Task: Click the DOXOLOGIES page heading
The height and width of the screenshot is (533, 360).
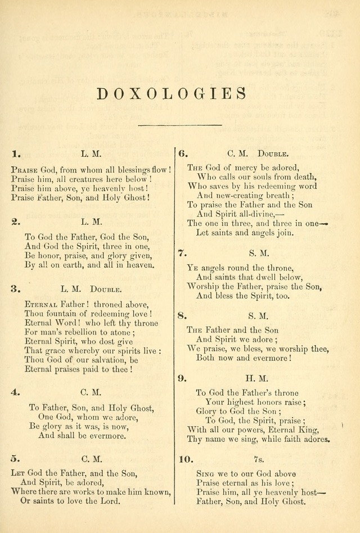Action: point(172,93)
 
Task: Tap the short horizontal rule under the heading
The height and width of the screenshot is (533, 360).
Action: point(173,124)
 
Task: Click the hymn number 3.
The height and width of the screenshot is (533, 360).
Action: point(15,290)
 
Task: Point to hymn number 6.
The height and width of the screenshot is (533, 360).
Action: point(183,153)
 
